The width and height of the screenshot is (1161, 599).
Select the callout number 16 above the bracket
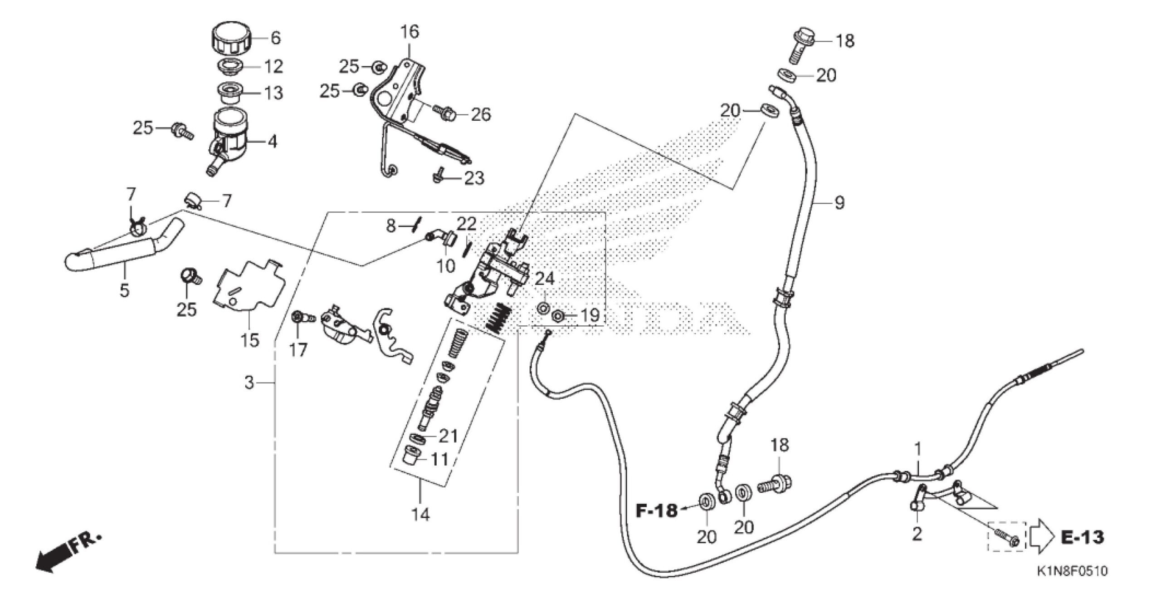pyautogui.click(x=410, y=32)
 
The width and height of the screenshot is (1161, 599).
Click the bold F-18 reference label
pyautogui.click(x=657, y=511)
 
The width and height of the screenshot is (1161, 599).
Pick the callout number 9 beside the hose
pyautogui.click(x=839, y=202)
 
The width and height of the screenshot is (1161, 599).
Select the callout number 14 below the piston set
pyautogui.click(x=420, y=515)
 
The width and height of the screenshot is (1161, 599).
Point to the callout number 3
pyautogui.click(x=249, y=383)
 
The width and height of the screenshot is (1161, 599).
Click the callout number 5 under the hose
pyautogui.click(x=124, y=290)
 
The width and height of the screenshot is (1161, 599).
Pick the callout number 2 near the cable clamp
pyautogui.click(x=917, y=534)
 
